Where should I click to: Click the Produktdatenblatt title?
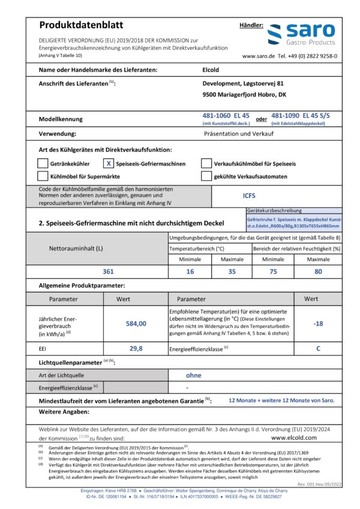click(81, 25)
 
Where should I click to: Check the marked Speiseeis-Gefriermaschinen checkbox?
click(109, 163)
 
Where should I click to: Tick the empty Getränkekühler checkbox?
click(42, 163)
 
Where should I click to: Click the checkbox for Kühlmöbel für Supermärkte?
click(42, 176)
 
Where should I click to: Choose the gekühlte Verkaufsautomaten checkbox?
click(206, 176)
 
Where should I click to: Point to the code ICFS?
click(248, 194)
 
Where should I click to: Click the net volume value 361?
click(108, 271)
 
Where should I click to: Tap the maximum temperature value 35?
click(232, 271)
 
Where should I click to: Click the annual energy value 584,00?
click(136, 323)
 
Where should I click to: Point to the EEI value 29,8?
click(136, 348)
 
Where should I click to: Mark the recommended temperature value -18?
click(319, 323)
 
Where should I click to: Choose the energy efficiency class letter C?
click(319, 348)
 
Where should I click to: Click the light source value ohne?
click(193, 375)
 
